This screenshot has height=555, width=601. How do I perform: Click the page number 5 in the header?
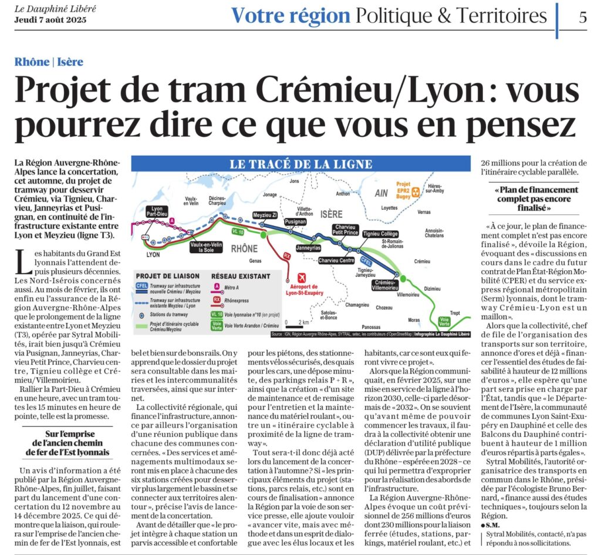point(582,17)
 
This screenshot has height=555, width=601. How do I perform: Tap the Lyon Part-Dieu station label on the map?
point(157,212)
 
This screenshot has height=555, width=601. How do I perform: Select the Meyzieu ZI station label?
point(265,216)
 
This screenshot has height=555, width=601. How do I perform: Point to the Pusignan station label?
point(295,223)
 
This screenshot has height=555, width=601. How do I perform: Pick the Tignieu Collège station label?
point(380,234)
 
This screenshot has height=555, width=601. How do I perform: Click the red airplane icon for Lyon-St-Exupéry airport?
point(302,278)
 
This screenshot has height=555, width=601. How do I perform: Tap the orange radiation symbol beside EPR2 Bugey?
point(416,191)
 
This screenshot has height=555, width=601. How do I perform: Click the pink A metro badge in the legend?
point(217,287)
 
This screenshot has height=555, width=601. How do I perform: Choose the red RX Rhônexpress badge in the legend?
point(217,300)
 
